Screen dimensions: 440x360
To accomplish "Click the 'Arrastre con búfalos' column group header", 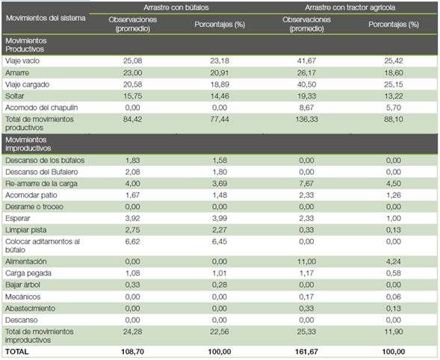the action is tap(176, 7).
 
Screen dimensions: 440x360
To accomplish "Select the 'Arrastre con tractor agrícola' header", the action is tap(350, 7).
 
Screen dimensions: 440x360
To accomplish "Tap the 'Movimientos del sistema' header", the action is tap(46, 18).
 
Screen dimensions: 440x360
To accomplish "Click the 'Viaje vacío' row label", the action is tap(22, 61).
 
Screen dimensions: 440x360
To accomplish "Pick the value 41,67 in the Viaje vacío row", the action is tap(306, 60).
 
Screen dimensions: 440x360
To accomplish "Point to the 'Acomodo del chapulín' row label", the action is tap(42, 108).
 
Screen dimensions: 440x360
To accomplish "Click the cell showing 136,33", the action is tap(306, 120).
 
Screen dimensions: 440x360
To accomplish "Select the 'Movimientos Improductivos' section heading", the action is tap(28, 144).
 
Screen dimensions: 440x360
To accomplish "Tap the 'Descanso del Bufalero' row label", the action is tap(42, 172).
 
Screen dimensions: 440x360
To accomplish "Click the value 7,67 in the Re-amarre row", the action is tap(306, 184).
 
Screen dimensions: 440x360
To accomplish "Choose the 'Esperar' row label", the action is tap(17, 218).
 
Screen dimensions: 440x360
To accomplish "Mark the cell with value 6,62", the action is tap(132, 241).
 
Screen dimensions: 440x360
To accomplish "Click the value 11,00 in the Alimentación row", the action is tap(306, 261).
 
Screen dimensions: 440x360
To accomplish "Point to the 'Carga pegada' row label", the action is tap(28, 273).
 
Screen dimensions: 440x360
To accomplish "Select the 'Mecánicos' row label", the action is tap(22, 297).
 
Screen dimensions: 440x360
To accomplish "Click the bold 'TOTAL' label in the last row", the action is tap(17, 352).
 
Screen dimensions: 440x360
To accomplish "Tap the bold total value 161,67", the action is tap(306, 352).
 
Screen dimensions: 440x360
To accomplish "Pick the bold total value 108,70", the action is tap(132, 352).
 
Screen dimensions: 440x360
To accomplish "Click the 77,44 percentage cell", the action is tap(220, 120).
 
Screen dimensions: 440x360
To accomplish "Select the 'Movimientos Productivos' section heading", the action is tap(26, 45).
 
